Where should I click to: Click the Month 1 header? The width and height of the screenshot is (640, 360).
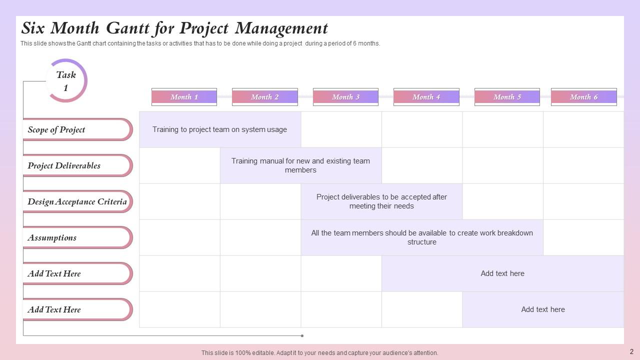pos(184,97)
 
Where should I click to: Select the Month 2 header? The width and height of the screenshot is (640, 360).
pos(264,97)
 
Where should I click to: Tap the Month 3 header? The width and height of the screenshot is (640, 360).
pos(345,97)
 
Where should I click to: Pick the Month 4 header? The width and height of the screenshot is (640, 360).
pos(426,97)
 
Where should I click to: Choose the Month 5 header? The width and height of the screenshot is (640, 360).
pos(507,97)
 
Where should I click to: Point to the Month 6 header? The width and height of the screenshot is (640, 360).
pos(583,97)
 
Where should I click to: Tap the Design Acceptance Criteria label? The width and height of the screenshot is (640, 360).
pos(77,201)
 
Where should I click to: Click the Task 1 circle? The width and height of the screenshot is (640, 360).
pos(66,81)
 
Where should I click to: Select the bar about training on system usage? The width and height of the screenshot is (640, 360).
pos(220,129)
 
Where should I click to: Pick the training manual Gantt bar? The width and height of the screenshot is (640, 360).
pos(300,165)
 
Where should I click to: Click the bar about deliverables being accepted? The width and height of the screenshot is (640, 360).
pos(381,201)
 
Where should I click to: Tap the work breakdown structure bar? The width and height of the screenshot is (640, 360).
pos(422,237)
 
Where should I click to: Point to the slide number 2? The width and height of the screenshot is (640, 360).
pos(631,351)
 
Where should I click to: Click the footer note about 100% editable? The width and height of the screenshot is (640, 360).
pos(319,352)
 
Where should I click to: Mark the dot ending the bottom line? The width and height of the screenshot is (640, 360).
pos(302,335)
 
